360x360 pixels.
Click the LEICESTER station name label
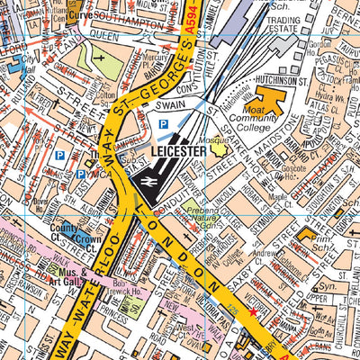(180, 152)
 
